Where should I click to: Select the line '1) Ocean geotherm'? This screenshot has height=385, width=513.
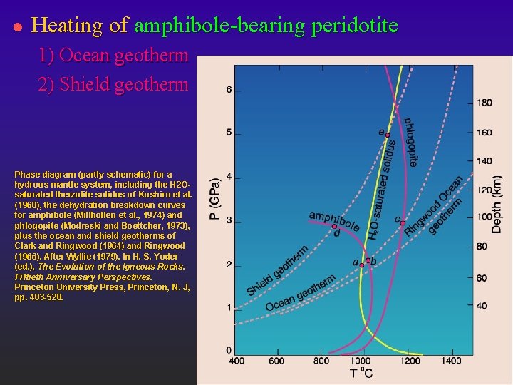pyautogui.click(x=114, y=55)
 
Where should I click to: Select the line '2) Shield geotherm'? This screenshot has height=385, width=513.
pyautogui.click(x=114, y=84)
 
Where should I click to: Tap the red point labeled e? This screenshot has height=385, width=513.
pyautogui.click(x=388, y=135)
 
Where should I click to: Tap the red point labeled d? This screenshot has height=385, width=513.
pyautogui.click(x=334, y=227)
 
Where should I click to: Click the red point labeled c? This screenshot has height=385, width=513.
pyautogui.click(x=403, y=223)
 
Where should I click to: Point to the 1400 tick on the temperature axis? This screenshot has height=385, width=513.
pyautogui.click(x=450, y=361)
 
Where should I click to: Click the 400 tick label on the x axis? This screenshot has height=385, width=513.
pyautogui.click(x=237, y=361)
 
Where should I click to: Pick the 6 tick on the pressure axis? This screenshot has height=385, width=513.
pyautogui.click(x=229, y=90)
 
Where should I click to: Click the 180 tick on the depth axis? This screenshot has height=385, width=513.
pyautogui.click(x=484, y=103)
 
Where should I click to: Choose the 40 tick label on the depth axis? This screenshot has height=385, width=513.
pyautogui.click(x=482, y=306)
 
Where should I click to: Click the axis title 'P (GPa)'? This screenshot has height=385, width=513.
pyautogui.click(x=214, y=198)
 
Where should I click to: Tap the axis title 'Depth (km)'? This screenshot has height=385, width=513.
pyautogui.click(x=497, y=195)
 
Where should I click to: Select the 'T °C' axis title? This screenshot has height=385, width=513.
pyautogui.click(x=361, y=373)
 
